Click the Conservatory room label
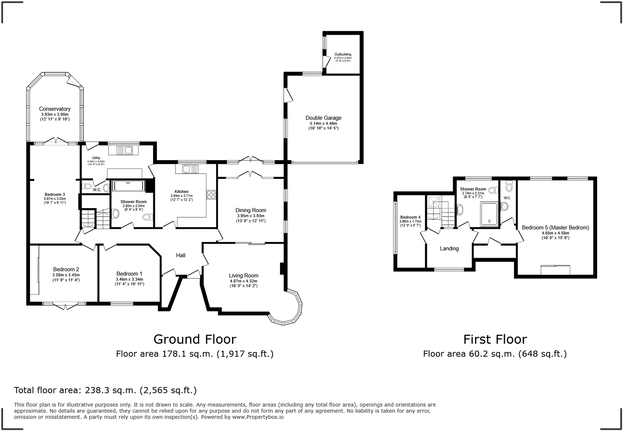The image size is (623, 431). (x=55, y=109)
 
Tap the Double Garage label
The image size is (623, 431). (x=323, y=118)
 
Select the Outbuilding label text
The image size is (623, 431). (x=343, y=54)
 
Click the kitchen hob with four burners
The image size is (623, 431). (x=211, y=195)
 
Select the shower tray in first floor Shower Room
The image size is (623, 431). (x=489, y=215)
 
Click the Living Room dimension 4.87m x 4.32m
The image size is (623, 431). (x=243, y=281)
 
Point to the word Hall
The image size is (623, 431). (x=181, y=255)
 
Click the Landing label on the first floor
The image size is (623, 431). (x=449, y=248)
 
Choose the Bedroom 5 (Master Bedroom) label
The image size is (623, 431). (x=555, y=228)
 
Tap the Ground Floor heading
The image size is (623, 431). (x=194, y=339)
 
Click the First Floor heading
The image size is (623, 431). (x=495, y=339)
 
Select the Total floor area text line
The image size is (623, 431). (x=105, y=390)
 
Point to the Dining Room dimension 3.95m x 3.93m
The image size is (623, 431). (x=250, y=216)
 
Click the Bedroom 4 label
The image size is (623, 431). (x=410, y=217)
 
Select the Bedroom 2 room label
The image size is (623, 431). (x=66, y=269)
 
